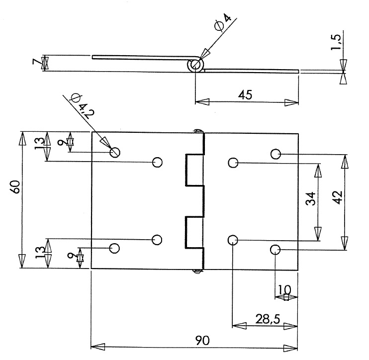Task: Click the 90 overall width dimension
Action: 202,341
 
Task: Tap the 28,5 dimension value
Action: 268,319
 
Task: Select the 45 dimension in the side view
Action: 245,95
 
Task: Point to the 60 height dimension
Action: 15,187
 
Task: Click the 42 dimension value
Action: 338,197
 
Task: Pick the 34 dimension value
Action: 310,199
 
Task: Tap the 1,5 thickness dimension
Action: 336,42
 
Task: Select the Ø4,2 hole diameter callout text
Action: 83,106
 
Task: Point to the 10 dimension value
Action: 284,290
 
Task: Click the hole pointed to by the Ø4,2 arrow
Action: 115,152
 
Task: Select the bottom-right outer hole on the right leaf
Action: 275,250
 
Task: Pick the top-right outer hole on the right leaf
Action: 276,154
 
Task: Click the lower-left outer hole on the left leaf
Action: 114,248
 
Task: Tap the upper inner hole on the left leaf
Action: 157,162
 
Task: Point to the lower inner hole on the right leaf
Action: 233,240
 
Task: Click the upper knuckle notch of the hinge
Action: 194,170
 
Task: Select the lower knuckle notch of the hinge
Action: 194,232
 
